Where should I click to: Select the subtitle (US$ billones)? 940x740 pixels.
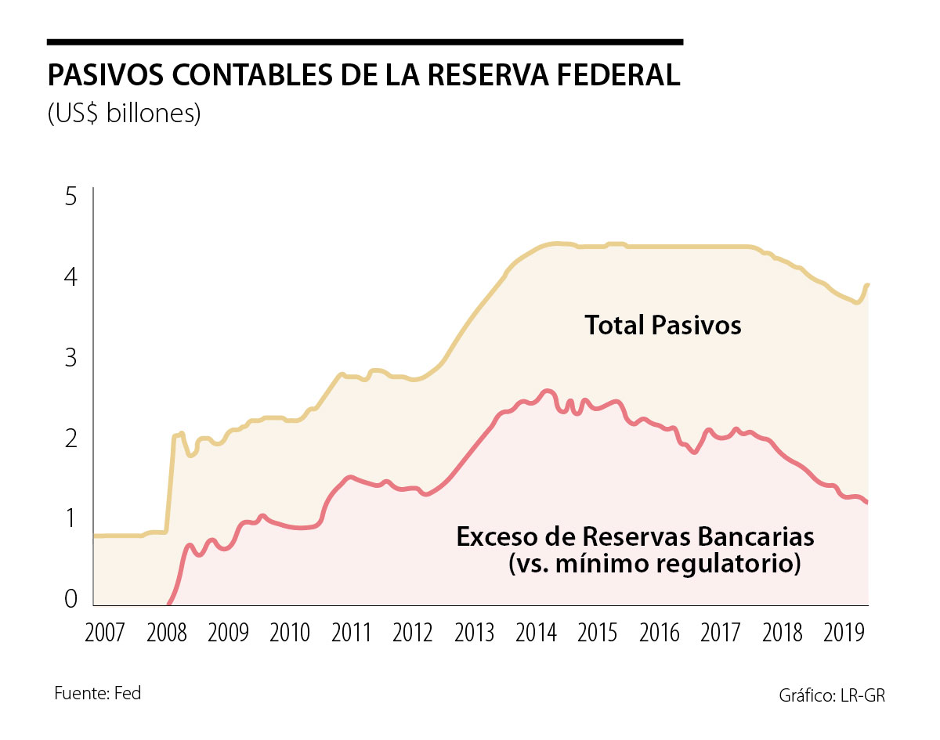click(x=125, y=114)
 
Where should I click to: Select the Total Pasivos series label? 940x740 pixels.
click(x=663, y=325)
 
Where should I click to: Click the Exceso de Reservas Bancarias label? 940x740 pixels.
click(x=635, y=537)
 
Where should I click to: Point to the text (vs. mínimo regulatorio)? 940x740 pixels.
click(x=654, y=565)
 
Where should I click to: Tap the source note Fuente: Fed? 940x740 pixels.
click(x=98, y=693)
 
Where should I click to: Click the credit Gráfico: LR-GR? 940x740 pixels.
click(x=832, y=695)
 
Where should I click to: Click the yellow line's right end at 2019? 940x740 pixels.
click(x=869, y=285)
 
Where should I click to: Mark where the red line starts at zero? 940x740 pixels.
click(x=168, y=605)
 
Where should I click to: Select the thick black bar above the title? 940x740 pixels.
click(x=365, y=42)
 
